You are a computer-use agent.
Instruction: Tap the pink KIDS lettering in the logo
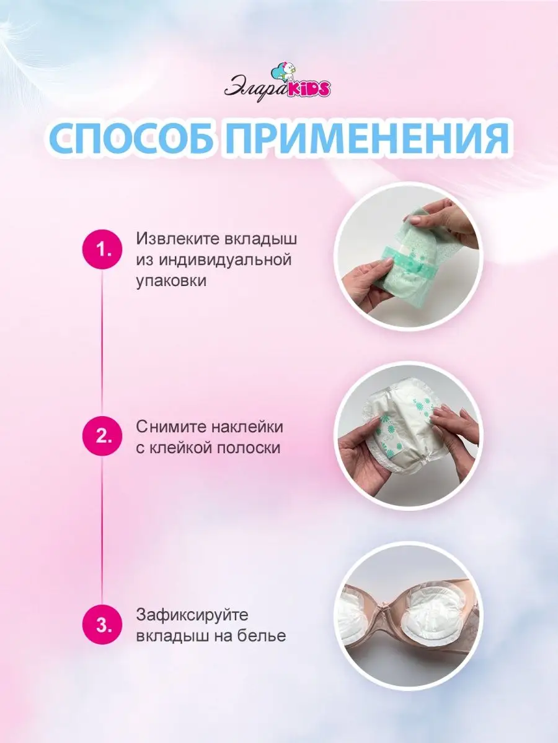[308, 89]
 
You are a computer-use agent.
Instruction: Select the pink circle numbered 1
[102, 250]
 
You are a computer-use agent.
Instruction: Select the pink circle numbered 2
[102, 437]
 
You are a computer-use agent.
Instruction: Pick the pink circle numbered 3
[102, 625]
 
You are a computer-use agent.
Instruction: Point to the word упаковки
[171, 282]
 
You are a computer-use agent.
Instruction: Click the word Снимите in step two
[171, 427]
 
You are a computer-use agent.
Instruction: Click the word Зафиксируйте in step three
[192, 615]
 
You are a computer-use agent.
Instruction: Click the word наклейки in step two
[247, 427]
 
